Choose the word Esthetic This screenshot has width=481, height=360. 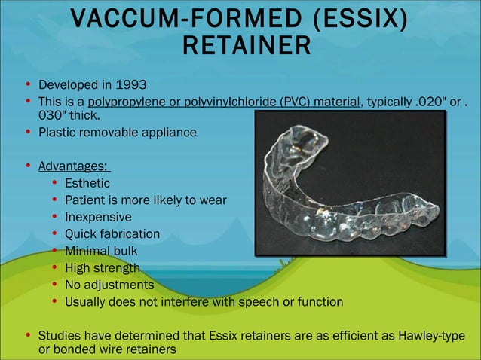[87, 183]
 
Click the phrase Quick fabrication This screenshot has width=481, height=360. [112, 234]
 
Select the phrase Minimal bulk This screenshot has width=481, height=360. [101, 251]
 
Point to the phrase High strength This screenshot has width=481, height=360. [103, 268]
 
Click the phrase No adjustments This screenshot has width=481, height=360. [109, 285]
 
